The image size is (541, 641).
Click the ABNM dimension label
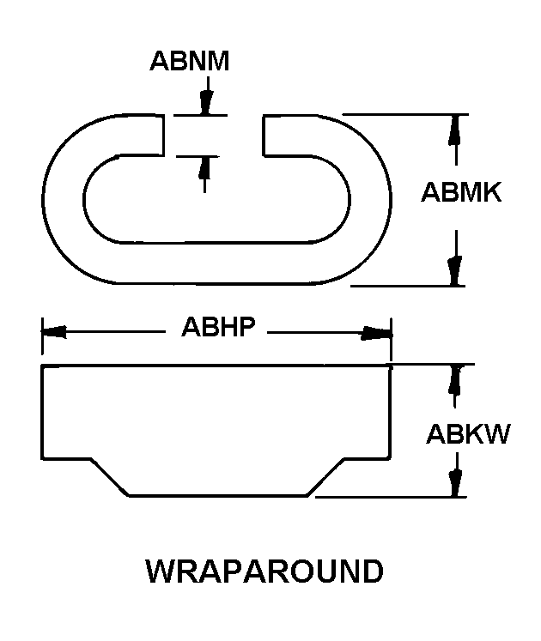tap(189, 61)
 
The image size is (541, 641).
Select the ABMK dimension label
tap(461, 192)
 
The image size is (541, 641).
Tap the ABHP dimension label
tap(218, 327)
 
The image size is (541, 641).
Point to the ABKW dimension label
tap(468, 433)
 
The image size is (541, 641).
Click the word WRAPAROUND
tap(264, 571)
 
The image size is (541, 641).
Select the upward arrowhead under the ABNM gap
tap(204, 167)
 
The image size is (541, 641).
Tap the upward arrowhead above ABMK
tap(456, 130)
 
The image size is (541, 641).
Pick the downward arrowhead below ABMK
tap(454, 270)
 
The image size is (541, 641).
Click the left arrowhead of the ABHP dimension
tap(54, 331)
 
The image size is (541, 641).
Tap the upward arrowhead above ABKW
tap(454, 380)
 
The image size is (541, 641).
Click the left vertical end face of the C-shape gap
tap(164, 136)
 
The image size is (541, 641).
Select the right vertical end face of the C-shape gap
tap(263, 136)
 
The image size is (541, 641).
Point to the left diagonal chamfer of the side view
tap(110, 477)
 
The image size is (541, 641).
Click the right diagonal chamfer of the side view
tap(325, 477)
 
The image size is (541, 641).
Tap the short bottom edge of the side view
tap(218, 496)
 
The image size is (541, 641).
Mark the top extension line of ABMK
tap(405, 114)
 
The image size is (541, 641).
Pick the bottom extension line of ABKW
tap(391, 497)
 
